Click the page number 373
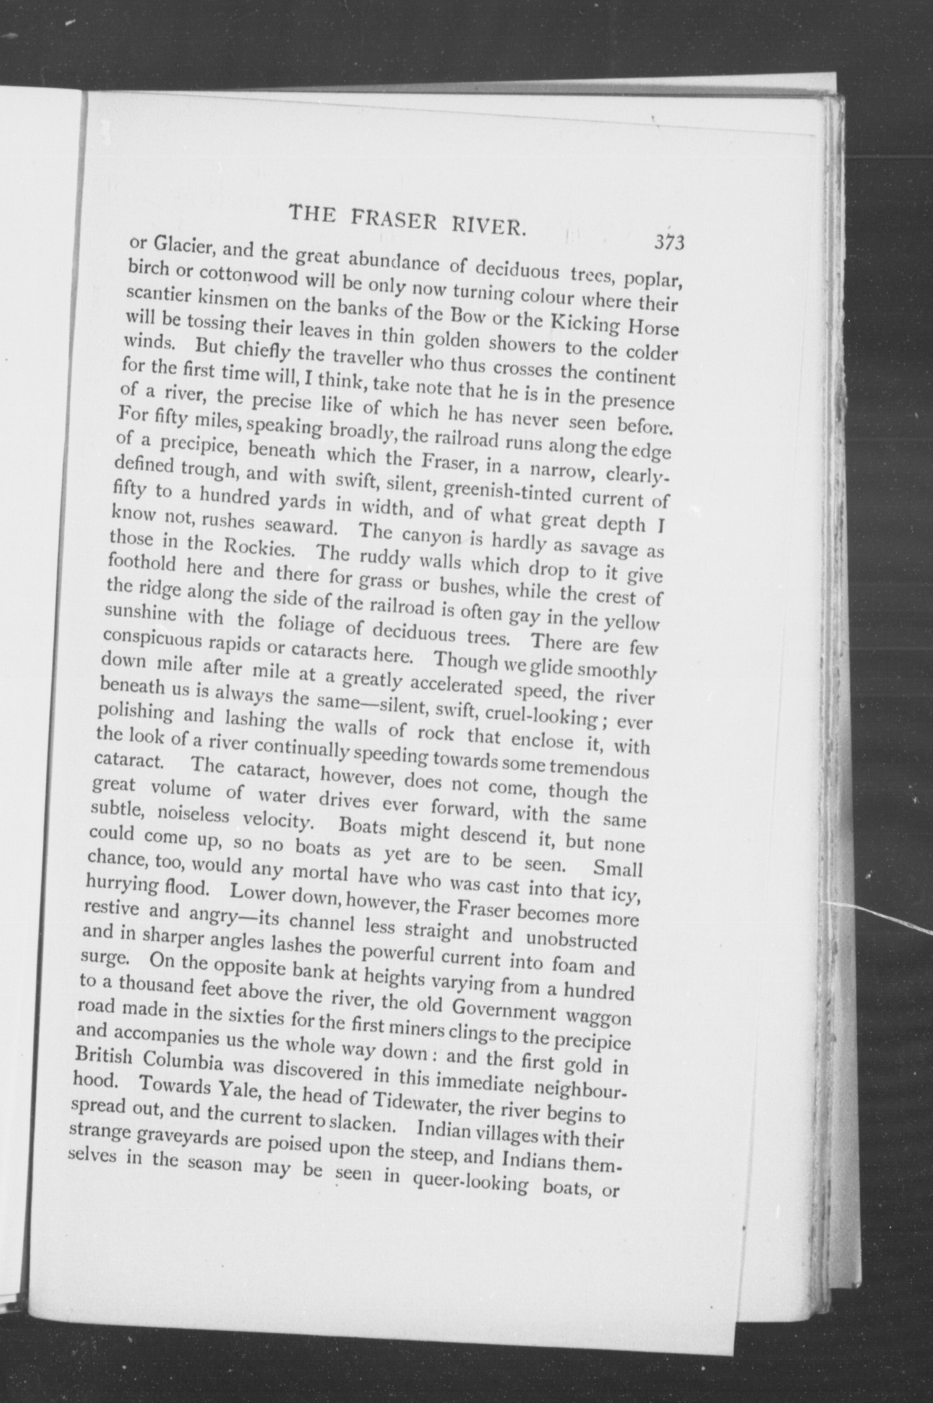(x=669, y=242)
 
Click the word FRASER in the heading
(x=394, y=219)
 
